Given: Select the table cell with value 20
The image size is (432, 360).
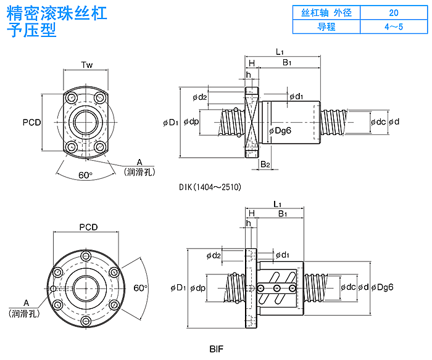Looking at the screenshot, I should point(394,12).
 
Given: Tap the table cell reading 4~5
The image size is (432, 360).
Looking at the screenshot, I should point(394,27).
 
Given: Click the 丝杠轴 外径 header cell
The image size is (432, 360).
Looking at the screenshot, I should point(326,12).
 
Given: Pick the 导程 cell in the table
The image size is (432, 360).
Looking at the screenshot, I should point(326,27).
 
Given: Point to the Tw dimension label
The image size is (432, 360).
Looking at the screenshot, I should point(87,65).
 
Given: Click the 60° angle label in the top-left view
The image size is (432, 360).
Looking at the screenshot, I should point(85,175).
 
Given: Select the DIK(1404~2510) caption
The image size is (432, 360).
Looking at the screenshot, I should point(209,187).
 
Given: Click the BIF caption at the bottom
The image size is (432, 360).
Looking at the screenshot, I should point(216,350).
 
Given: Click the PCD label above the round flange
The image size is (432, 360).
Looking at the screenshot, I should point(88,227).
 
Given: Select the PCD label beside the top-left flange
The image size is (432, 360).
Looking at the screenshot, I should point(31,122).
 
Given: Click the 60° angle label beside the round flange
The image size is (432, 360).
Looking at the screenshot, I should point(140,288).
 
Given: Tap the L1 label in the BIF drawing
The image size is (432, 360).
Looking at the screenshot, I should point(277,204).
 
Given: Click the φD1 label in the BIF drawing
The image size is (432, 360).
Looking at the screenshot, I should point(178,288).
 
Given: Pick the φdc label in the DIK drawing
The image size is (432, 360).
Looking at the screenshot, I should point(378,121).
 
